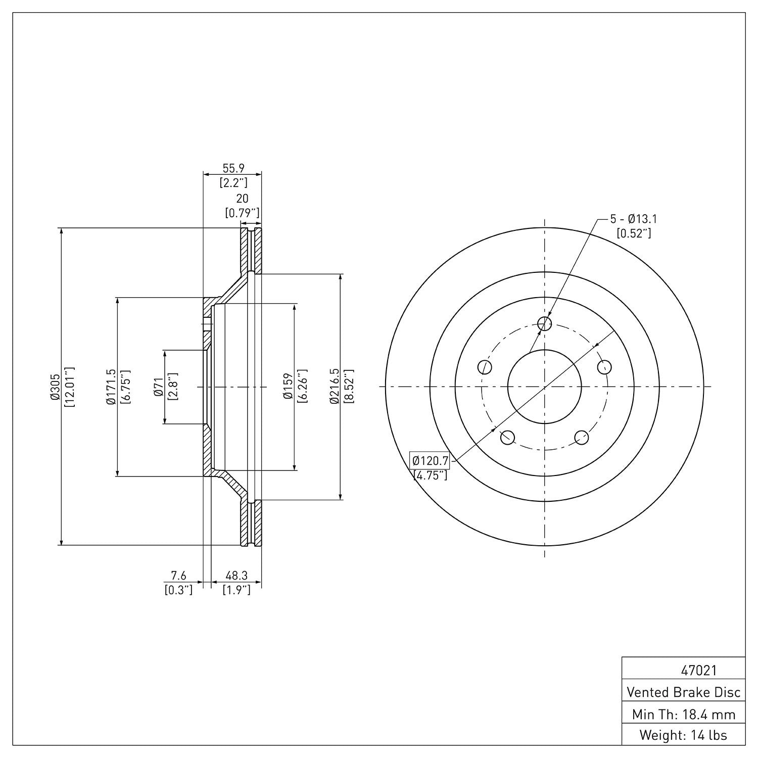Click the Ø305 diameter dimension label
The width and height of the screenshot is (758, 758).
[x=55, y=387]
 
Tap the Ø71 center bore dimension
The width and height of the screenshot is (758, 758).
[x=158, y=387]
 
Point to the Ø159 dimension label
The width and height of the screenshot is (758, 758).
[x=289, y=387]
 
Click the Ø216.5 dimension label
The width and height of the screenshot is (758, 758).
[x=334, y=387]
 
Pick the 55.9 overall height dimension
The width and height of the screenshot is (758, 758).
[x=233, y=168]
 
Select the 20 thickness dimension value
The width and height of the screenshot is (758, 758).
[x=243, y=199]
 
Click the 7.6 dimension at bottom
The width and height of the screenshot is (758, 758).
[x=178, y=576]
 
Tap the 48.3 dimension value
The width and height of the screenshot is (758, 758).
[x=236, y=576]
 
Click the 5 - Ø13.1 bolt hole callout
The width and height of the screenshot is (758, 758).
[x=633, y=219]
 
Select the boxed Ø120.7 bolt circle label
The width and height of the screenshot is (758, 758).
[x=430, y=460]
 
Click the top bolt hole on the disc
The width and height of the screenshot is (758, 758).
[x=544, y=323]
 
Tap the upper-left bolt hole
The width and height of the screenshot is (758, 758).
[x=484, y=367]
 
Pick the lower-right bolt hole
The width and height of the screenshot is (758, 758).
[x=582, y=437]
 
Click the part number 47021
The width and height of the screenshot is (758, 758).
[x=699, y=671]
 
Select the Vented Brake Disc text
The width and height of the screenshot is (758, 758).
[x=684, y=692]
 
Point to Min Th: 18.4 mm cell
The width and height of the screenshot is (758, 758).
[x=684, y=715]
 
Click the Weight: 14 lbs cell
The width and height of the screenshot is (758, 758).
[x=684, y=735]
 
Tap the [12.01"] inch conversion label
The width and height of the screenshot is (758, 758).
[x=69, y=387]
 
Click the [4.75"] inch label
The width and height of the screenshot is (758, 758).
[x=430, y=475]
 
